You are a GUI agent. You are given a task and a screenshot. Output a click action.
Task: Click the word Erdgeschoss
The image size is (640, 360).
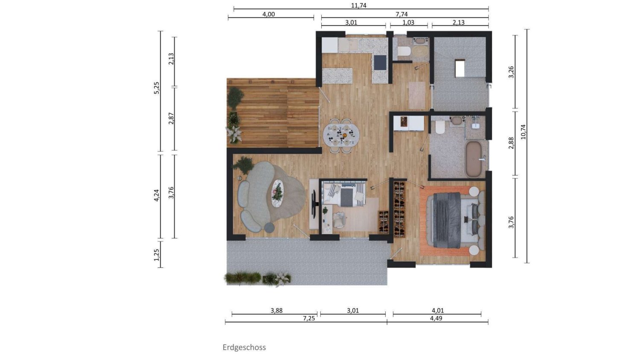pos(244,347)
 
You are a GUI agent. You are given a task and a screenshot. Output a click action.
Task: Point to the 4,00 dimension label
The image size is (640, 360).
pos(268,14)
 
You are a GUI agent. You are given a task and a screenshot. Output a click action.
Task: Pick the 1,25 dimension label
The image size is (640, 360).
pos(157,255)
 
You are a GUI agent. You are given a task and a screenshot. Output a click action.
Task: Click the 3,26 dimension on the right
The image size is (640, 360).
pos(511,72)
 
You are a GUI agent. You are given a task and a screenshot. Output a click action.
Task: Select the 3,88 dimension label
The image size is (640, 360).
pos(276,311)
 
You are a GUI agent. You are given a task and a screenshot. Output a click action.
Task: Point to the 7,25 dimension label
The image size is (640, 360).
pos(309,318)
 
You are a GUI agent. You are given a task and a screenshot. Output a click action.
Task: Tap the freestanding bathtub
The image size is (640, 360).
pos(474,159)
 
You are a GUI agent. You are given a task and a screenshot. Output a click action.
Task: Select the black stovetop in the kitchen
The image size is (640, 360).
pos(379,62)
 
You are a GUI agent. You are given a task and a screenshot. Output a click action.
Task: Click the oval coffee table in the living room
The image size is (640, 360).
pos(277,193)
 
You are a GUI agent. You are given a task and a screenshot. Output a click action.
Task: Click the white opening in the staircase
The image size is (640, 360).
pos(460,68)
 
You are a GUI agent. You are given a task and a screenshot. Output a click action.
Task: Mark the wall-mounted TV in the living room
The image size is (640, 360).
pos(314,203)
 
